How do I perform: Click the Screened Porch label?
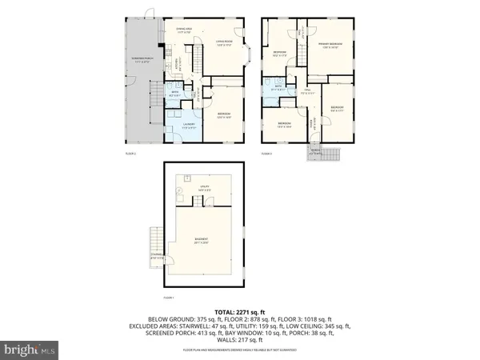pos(144,60)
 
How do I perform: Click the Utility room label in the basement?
pos(204,186)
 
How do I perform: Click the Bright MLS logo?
pos(30,349)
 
